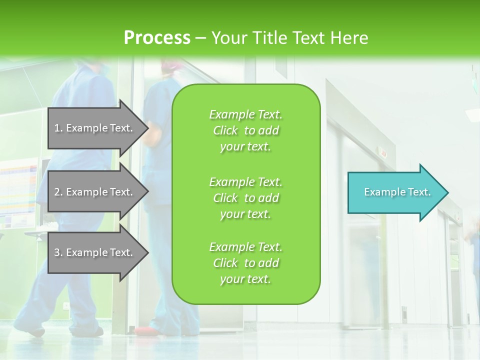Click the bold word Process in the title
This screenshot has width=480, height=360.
pyautogui.click(x=157, y=38)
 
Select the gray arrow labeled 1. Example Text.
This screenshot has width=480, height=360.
pyautogui.click(x=95, y=128)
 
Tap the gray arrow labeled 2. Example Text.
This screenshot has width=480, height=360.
pyautogui.click(x=95, y=192)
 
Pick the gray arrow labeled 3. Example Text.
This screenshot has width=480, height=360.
pyautogui.click(x=95, y=252)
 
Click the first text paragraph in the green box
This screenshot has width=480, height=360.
pyautogui.click(x=246, y=130)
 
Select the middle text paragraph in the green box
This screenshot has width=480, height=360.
pyautogui.click(x=246, y=198)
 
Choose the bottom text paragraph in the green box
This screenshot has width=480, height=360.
pyautogui.click(x=246, y=263)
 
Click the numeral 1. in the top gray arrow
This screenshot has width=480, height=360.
pyautogui.click(x=58, y=128)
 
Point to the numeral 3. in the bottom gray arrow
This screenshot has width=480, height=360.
pyautogui.click(x=58, y=252)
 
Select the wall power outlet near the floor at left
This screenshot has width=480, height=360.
pyautogui.click(x=66, y=305)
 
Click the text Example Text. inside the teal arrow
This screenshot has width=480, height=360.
pyautogui.click(x=397, y=192)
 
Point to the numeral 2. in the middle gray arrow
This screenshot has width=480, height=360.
pyautogui.click(x=58, y=192)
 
